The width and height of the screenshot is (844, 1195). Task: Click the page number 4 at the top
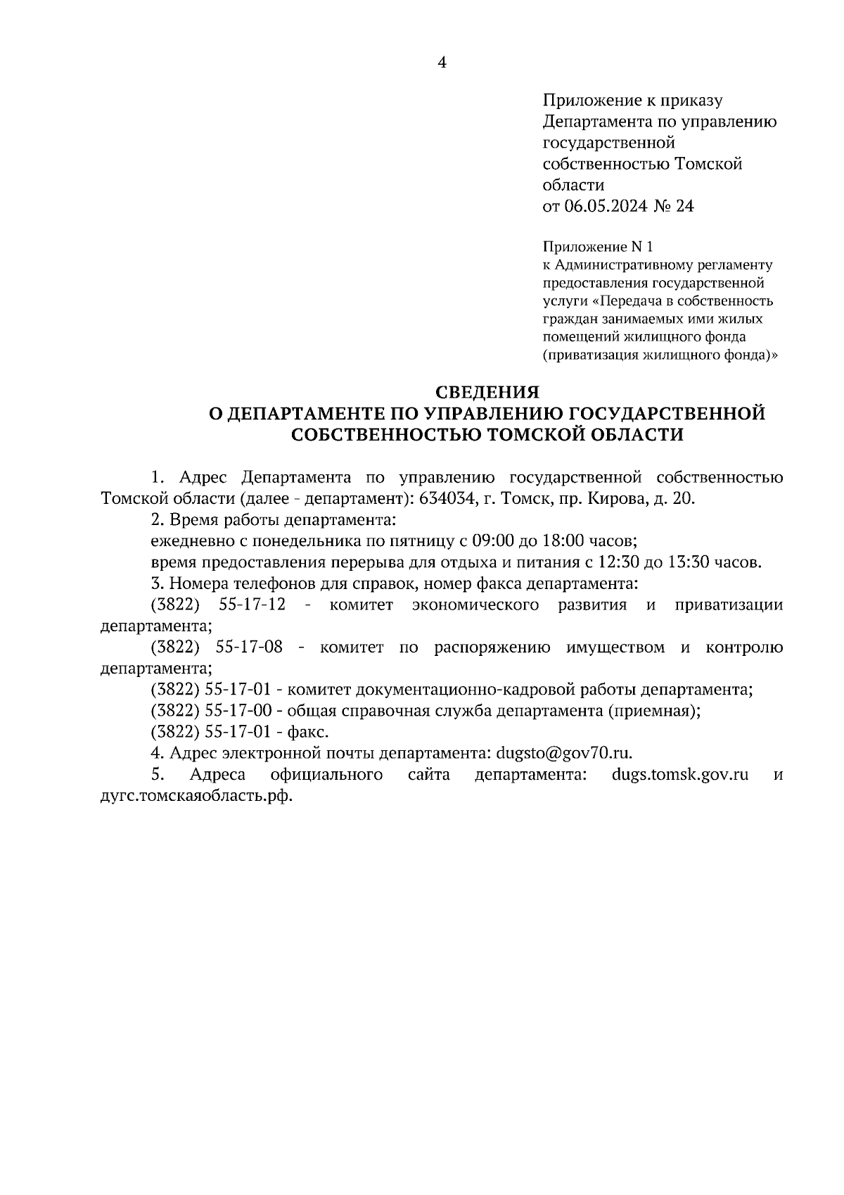442,63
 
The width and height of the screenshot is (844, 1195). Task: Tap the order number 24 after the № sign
684,207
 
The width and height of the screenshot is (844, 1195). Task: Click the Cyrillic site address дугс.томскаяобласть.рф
196,797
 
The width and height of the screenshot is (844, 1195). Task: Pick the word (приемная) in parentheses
653,711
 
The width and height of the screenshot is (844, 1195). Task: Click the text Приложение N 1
599,247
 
